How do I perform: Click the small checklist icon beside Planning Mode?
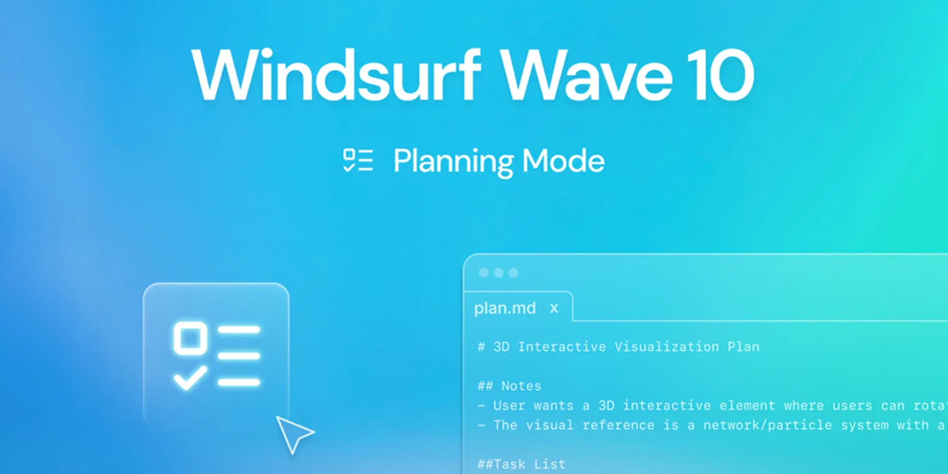[358, 160]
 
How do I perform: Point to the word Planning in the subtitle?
[453, 162]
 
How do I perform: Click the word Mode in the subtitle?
[563, 161]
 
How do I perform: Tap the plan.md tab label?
[505, 308]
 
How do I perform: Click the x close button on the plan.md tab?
[554, 308]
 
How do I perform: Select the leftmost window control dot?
[483, 273]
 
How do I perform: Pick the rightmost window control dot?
[513, 273]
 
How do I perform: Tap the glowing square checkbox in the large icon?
[190, 337]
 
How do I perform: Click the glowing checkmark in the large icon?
[190, 377]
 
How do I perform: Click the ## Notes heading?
[510, 386]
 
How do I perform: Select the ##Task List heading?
[522, 464]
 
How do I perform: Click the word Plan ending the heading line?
[743, 347]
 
